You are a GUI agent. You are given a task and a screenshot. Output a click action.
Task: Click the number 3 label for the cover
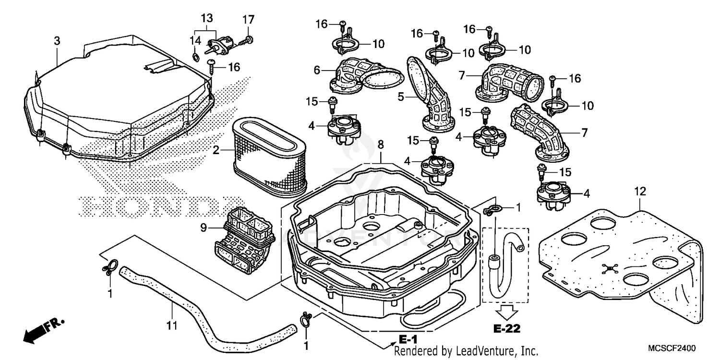(57, 41)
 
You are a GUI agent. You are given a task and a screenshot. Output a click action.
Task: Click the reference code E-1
(408, 338)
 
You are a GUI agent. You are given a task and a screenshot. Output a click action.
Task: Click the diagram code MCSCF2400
(672, 348)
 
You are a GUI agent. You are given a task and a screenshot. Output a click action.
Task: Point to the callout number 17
(248, 20)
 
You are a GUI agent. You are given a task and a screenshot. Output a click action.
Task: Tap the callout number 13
(206, 18)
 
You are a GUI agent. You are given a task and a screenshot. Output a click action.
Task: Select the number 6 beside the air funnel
(317, 70)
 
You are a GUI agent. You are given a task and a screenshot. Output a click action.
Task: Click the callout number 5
(401, 96)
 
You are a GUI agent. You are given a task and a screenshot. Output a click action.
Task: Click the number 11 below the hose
(172, 326)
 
